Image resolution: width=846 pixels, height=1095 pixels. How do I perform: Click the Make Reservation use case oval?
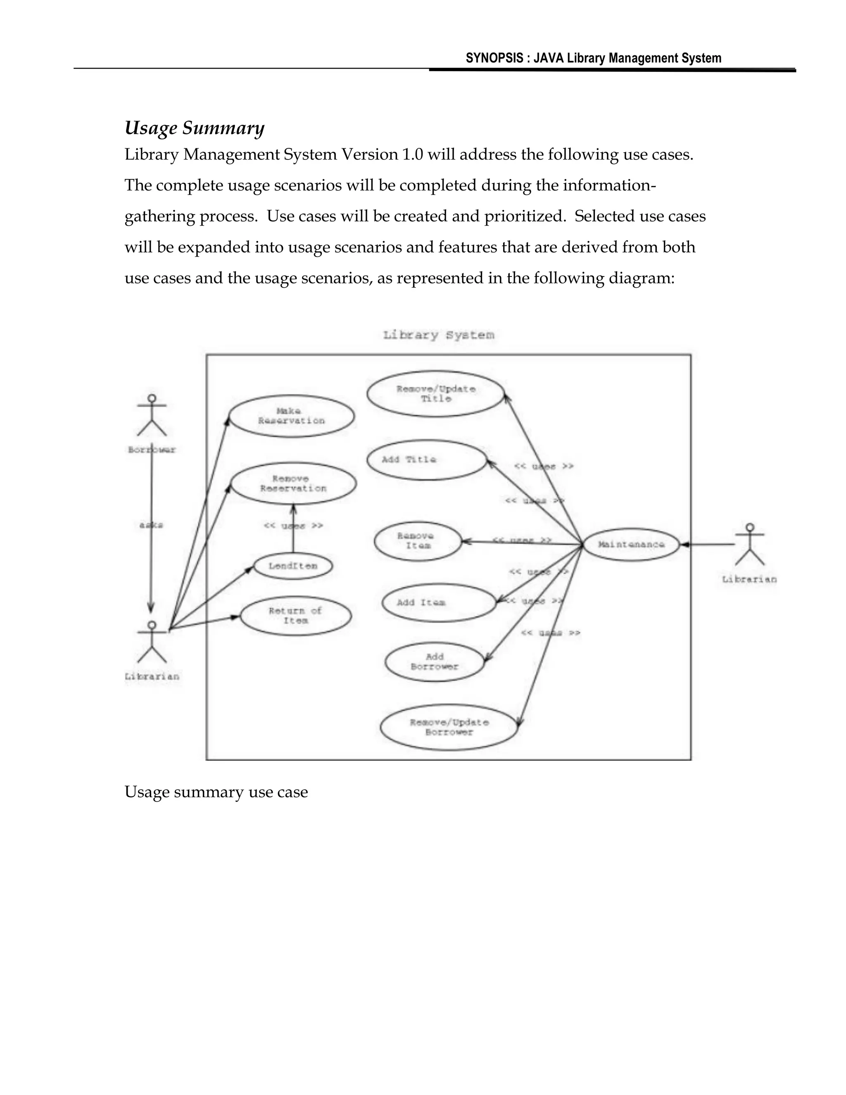pos(291,416)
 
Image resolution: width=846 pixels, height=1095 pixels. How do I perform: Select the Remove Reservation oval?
pos(294,483)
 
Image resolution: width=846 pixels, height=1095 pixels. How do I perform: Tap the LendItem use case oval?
pos(293,566)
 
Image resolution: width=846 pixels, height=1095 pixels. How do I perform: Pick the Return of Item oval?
pos(296,616)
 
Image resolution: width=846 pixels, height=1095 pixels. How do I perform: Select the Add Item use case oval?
pos(439,602)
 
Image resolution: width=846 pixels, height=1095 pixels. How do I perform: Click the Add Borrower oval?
pos(435,662)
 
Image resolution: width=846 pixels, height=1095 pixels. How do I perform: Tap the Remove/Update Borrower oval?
pos(449,727)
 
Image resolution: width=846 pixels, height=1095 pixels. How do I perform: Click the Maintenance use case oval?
pos(632,545)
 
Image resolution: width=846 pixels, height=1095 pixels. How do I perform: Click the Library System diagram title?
pos(439,335)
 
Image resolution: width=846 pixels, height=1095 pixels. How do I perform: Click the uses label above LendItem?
pos(294,526)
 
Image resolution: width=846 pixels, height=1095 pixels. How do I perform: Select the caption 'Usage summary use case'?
pos(216,792)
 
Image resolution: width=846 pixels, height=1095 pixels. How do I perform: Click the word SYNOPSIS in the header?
pos(494,58)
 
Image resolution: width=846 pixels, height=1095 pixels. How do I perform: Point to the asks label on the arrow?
pos(151,525)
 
